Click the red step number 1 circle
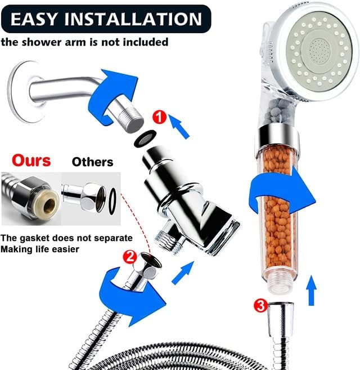coord(159,117)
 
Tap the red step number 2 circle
coord(130,257)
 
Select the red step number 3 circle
coord(260,306)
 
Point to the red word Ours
coord(31,161)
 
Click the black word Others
coord(92,162)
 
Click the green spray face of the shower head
coord(319,52)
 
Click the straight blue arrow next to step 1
coord(179,127)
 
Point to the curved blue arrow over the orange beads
coord(281,189)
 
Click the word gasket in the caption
coord(34,238)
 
